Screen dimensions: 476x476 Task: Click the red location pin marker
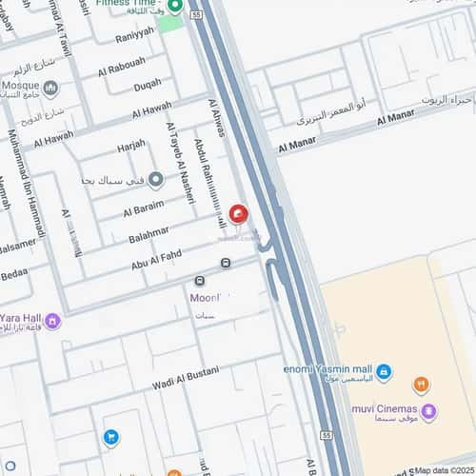237,216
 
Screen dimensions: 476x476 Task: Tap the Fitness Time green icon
174,7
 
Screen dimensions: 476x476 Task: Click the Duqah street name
147,86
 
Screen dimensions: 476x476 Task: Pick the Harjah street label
131,146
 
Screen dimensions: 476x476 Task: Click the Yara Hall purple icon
53,321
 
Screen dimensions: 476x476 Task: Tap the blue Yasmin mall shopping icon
384,370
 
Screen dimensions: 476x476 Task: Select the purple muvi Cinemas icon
429,412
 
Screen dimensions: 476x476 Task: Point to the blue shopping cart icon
111,438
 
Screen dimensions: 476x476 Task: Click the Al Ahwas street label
216,118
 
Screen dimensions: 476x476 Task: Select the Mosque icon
50,89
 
